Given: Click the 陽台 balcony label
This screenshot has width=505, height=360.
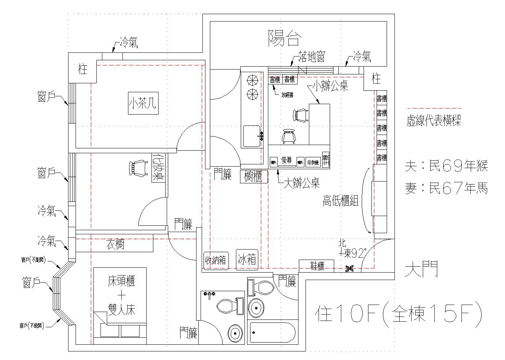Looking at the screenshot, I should point(284,38).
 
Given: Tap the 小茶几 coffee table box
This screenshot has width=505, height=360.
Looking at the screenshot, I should point(143,103).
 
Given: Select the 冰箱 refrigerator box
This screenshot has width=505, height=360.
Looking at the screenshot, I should point(247,259).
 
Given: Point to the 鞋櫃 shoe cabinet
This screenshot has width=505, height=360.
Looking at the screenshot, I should point(317,266).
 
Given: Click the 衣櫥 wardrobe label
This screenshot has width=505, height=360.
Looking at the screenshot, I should point(115,244).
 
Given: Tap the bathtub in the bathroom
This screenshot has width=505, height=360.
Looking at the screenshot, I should point(273,332).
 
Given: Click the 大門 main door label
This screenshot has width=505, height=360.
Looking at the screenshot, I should point(421,269).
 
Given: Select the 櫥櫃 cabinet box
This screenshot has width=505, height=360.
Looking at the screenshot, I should point(254,176).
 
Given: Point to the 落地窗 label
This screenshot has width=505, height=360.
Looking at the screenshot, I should point(312,57).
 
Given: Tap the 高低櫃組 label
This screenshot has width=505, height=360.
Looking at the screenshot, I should point(340,201).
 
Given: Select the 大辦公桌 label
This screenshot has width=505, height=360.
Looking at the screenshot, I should point(301,183).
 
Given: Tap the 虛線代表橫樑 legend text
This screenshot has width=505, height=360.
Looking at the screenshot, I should point(434,120).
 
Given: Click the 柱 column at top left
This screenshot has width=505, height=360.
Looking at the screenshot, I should point(82,69).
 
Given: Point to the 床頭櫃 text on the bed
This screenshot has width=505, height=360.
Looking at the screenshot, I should point(121,280).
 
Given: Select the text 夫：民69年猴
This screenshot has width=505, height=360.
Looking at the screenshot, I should point(446,166).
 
